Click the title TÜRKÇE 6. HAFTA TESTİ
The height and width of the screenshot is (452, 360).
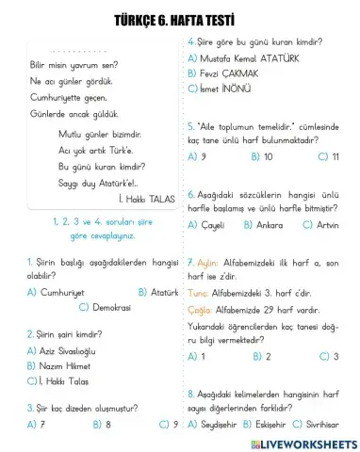click(179, 20)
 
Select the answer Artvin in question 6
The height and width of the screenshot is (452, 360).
click(326, 224)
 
